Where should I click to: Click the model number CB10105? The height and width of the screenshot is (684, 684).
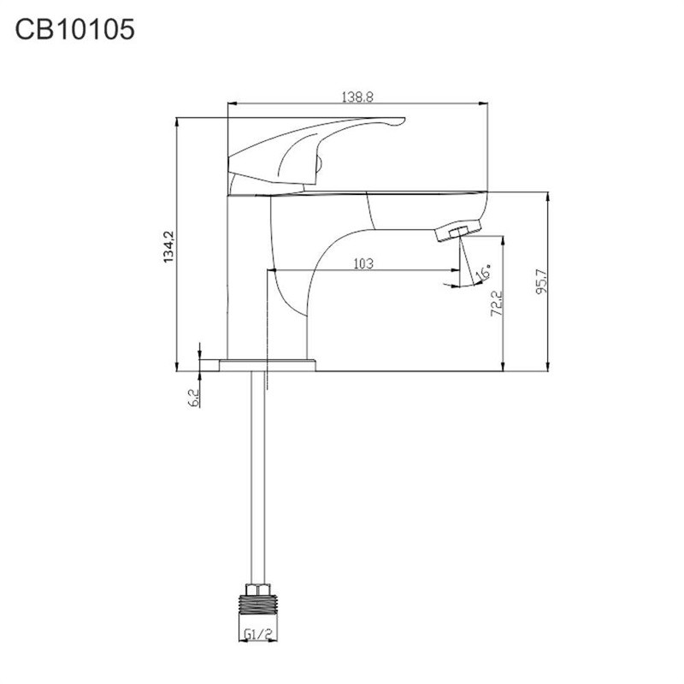coord(74,30)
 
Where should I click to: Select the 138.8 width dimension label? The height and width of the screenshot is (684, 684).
coord(357,97)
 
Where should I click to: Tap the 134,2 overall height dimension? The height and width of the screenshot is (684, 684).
coord(168,246)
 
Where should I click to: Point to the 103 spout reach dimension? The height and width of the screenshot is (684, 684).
coord(363,263)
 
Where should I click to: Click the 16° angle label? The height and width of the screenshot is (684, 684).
coord(482,272)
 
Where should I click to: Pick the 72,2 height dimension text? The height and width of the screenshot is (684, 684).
coord(497,304)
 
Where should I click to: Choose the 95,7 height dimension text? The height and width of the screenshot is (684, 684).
coord(541,283)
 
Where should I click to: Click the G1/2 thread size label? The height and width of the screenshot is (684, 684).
coord(258,634)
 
